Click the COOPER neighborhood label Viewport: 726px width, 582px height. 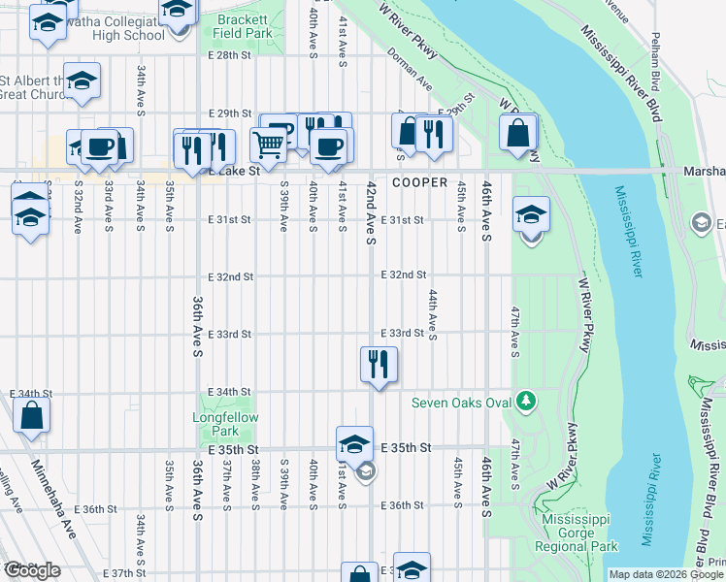coord(419,182)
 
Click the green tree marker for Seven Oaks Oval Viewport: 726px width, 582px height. coord(526,400)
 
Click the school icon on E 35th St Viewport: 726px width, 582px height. coord(355,444)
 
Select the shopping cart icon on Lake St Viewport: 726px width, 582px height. coord(268,145)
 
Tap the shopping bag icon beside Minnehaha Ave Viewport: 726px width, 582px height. coord(32,415)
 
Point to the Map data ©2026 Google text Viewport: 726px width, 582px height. coord(667,574)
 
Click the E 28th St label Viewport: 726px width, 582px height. coord(230,55)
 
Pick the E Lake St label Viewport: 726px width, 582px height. coord(234,171)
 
